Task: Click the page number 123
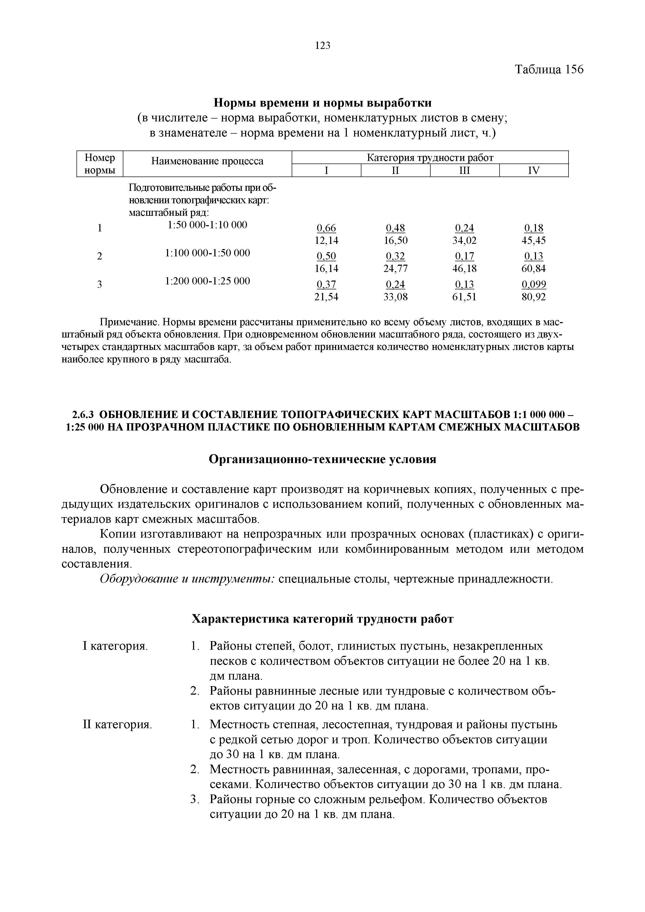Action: tap(322, 46)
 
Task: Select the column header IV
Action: tap(534, 171)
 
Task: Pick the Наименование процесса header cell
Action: tap(207, 161)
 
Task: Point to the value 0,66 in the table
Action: tap(326, 228)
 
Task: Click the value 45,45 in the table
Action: tap(534, 240)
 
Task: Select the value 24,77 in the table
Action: tap(395, 269)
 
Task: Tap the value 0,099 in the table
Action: tap(534, 284)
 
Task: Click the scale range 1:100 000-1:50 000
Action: tap(207, 253)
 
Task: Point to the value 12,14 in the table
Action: tap(326, 240)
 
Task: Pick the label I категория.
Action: tap(115, 646)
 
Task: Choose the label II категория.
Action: tap(117, 725)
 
